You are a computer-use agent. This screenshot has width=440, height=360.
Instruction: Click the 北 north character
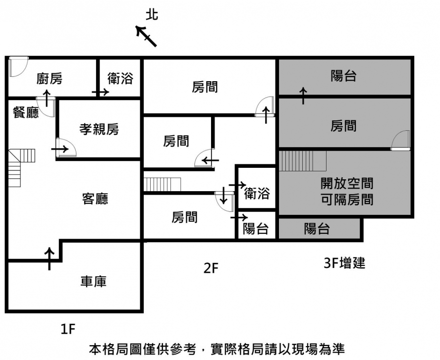[152, 15]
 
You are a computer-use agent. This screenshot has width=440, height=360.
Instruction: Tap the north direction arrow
[147, 36]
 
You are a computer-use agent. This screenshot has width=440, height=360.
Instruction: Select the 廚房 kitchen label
[50, 78]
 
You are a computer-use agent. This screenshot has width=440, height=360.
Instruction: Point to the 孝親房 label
[99, 129]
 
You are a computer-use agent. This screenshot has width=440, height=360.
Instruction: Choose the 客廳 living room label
[95, 199]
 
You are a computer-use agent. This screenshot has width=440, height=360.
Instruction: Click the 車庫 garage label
[94, 281]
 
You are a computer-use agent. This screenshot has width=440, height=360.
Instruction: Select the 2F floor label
[211, 269]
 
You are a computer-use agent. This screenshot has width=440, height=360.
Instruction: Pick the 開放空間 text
[347, 184]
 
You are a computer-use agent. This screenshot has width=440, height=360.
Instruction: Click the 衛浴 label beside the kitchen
[120, 78]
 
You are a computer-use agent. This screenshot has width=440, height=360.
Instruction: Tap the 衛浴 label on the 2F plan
[257, 193]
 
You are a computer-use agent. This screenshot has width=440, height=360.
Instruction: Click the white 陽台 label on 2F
[256, 229]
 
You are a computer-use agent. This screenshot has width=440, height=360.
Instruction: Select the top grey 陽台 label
[344, 76]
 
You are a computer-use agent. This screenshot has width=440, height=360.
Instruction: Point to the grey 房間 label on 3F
[344, 126]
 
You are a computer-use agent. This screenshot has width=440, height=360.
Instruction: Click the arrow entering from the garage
[50, 258]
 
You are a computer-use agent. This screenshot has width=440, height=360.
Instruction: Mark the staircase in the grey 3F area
[302, 161]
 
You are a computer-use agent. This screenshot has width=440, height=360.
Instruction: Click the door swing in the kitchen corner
[17, 66]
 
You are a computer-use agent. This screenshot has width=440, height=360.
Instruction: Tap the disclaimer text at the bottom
[217, 349]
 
